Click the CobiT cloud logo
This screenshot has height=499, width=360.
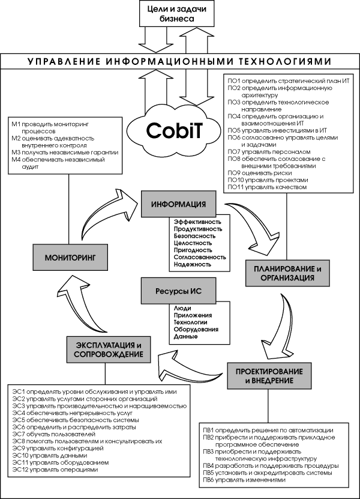point(176,130)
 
